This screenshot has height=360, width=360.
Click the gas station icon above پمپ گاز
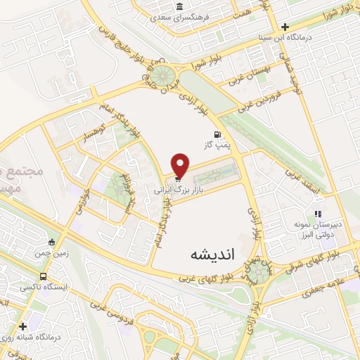coord(217,134)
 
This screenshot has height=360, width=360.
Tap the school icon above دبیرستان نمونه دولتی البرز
coord(318,213)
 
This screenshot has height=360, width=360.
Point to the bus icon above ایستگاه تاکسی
coord(44,276)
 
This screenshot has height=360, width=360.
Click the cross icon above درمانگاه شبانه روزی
coord(24,326)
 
